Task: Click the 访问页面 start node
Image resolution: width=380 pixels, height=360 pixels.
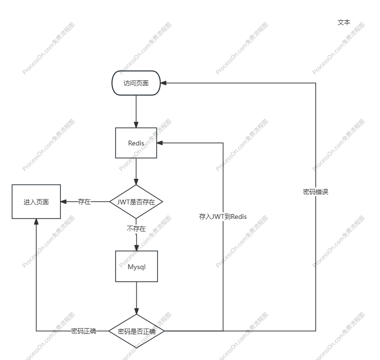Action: (x=136, y=83)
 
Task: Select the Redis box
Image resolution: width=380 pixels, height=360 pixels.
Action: (x=136, y=143)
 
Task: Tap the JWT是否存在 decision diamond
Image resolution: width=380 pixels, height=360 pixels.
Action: (x=136, y=202)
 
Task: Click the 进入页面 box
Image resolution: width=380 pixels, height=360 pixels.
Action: (x=36, y=202)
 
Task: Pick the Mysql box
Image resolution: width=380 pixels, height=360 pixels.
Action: (x=136, y=266)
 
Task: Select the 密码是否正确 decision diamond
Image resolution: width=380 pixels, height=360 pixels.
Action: (x=136, y=331)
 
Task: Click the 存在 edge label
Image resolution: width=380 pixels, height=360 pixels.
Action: (x=84, y=202)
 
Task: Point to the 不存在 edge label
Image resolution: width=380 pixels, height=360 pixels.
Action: (x=136, y=229)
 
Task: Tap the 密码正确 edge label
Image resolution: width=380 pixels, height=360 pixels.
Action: (x=84, y=331)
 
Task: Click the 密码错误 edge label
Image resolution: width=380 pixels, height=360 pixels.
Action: (x=316, y=192)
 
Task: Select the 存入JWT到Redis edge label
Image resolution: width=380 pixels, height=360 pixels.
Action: (x=223, y=217)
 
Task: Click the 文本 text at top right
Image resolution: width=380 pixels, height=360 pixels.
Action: (x=344, y=22)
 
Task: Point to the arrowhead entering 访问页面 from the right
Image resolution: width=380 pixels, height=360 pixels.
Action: (x=164, y=83)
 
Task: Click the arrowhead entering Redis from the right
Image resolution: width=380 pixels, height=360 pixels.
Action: (x=160, y=143)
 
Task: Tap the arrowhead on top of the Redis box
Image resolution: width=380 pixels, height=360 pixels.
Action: (x=136, y=125)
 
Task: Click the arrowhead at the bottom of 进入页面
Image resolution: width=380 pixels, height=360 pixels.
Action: (x=36, y=222)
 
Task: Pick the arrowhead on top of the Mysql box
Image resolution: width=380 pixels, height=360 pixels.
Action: (x=136, y=248)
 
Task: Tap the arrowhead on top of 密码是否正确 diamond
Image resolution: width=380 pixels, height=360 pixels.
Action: (x=136, y=311)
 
